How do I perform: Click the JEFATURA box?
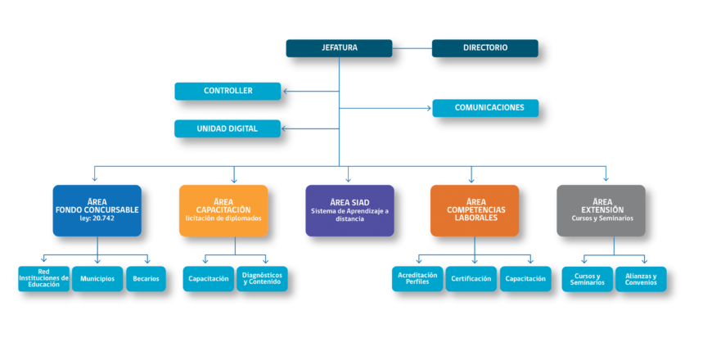339,48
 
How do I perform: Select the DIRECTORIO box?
485,48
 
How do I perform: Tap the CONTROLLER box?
228,92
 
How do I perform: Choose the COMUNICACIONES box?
485,108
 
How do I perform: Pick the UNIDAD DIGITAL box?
228,128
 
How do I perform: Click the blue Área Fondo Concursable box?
97,210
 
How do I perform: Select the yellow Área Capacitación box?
223,210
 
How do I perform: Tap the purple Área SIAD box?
349,210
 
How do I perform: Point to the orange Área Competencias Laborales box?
475,210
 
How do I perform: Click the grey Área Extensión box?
602,210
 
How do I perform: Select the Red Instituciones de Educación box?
44,279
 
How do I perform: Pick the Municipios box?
97,279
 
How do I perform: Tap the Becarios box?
146,279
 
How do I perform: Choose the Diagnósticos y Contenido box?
262,279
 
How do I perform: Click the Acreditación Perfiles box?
417,279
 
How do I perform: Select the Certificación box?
471,279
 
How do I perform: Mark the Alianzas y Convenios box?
641,279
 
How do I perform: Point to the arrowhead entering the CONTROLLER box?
285,92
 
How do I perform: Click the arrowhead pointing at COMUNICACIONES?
428,108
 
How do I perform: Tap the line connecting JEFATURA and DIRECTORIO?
412,48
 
